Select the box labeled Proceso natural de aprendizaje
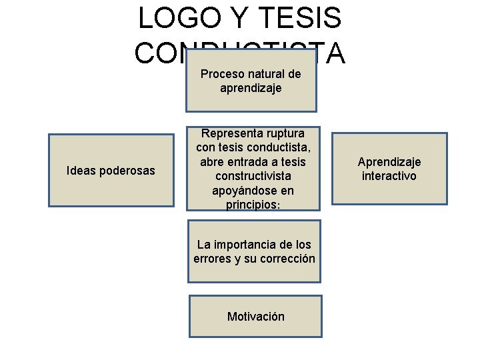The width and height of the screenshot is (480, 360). pyautogui.click(x=251, y=81)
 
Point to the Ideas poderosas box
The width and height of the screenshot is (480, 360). pyautogui.click(x=111, y=171)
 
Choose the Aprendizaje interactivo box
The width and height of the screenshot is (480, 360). pyautogui.click(x=389, y=169)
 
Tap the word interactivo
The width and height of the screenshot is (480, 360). pyautogui.click(x=389, y=176)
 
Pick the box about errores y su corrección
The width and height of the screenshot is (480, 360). pyautogui.click(x=254, y=252)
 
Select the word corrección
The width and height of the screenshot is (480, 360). pyautogui.click(x=287, y=259)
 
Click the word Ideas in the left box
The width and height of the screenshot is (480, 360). pyautogui.click(x=80, y=171)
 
